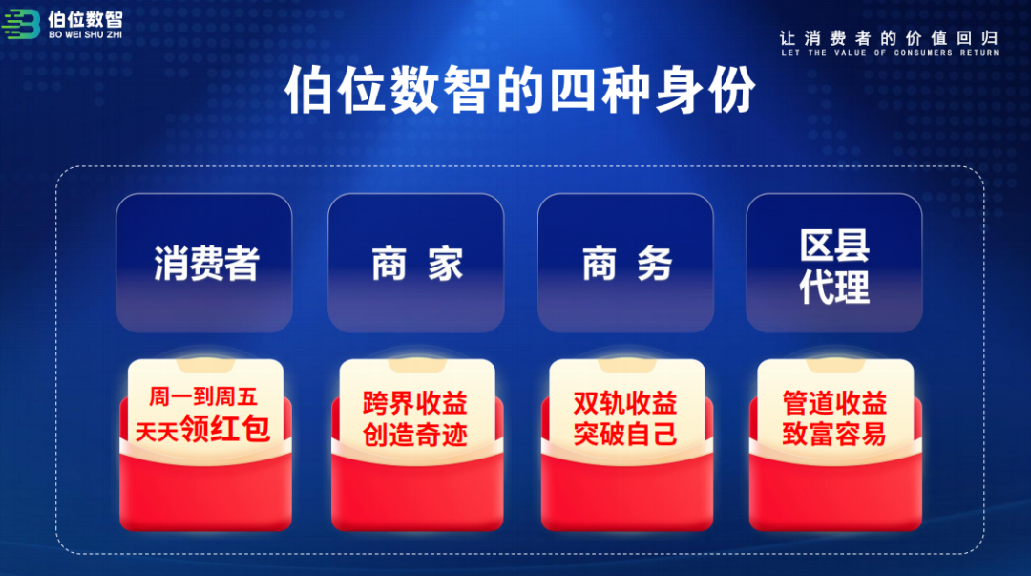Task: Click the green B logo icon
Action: pos(21,24)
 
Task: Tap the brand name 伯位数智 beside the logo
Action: pos(86,19)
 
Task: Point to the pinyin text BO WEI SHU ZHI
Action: pos(86,35)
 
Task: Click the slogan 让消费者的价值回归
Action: pos(889,37)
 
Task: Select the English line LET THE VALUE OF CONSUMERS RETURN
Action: pos(890,53)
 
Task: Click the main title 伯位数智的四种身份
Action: pos(520,90)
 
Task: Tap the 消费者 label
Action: pos(206,264)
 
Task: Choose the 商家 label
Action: pos(417,264)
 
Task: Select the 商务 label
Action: pos(627,264)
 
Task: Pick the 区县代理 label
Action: pos(834,266)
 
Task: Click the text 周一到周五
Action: pos(203,396)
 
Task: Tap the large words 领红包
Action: pos(225,428)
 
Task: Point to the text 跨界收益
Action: pos(415,402)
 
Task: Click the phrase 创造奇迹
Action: pos(415,434)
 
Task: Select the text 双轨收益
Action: pos(625,402)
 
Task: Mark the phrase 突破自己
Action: pos(625,434)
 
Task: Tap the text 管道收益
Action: pos(834,402)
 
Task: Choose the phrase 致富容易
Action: pos(834,434)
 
